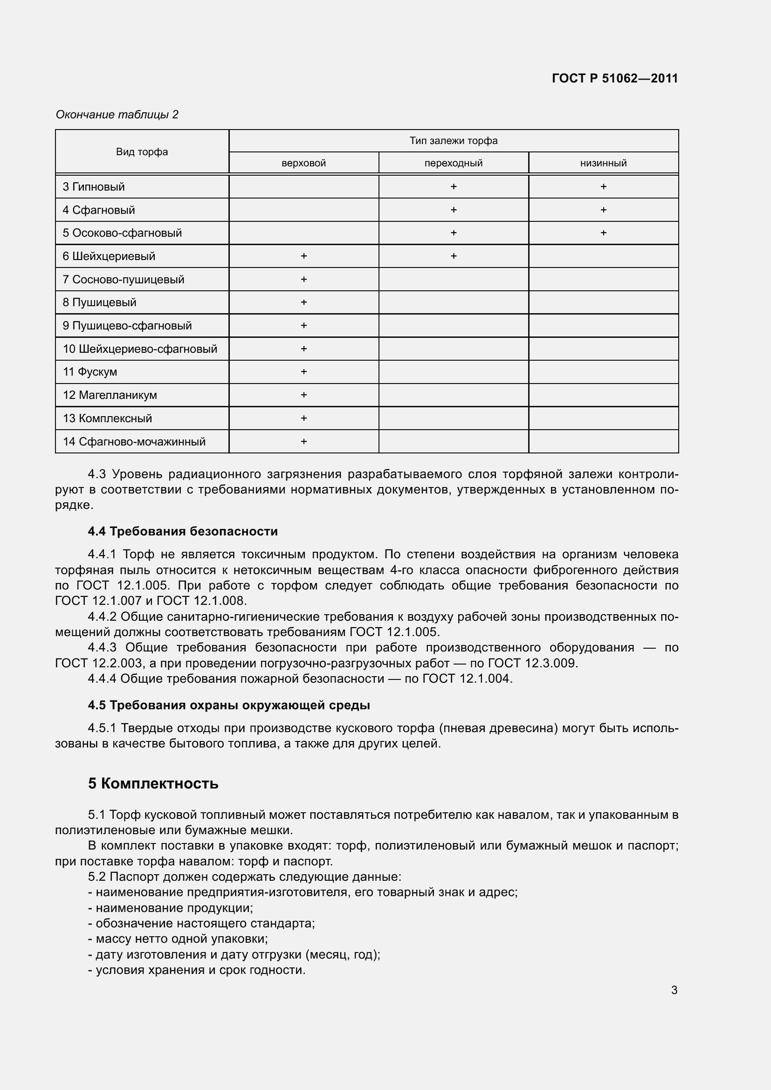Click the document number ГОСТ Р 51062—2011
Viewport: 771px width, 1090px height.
tap(615, 78)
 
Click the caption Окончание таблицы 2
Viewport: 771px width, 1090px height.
tap(117, 115)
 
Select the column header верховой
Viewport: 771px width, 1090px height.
tap(303, 163)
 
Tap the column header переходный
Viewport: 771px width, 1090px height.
tap(454, 163)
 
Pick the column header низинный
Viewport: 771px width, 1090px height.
tap(603, 163)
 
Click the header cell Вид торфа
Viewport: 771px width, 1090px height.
tap(142, 152)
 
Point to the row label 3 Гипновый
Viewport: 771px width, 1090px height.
tap(94, 187)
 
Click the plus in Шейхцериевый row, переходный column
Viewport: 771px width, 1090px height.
tap(454, 256)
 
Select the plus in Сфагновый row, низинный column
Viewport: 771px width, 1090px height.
tap(603, 210)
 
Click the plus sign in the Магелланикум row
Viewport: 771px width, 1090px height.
tap(303, 395)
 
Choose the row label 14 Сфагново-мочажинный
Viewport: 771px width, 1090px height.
tap(134, 442)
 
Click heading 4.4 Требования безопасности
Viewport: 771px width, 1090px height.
tap(183, 531)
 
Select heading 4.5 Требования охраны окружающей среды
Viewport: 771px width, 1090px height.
tap(229, 706)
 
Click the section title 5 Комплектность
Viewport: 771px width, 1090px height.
tap(153, 783)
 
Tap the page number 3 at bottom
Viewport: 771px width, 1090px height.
tap(674, 990)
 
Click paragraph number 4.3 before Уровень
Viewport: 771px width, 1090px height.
tap(98, 474)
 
